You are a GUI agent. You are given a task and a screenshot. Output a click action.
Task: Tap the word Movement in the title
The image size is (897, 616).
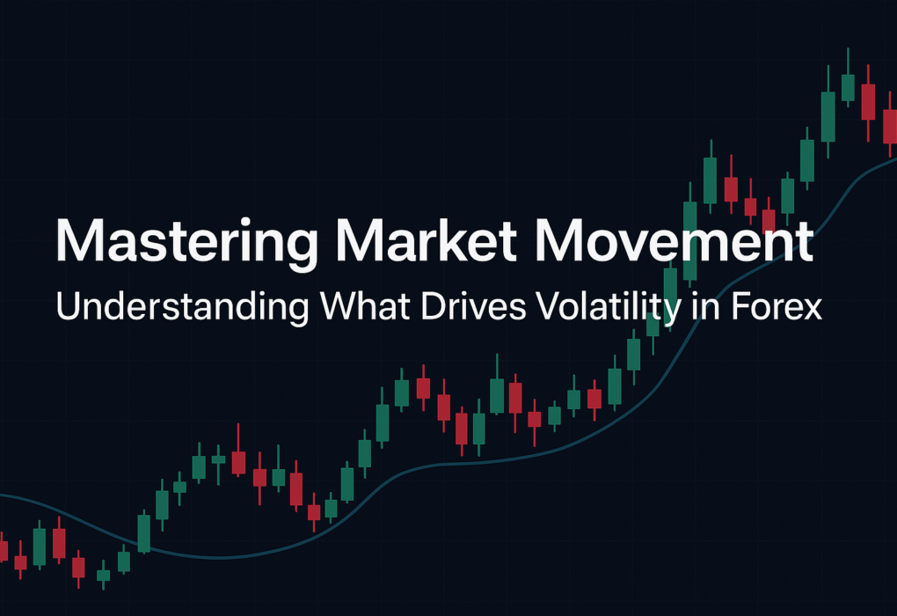point(674,240)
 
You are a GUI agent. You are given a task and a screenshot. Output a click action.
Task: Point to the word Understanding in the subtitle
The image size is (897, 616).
point(182,307)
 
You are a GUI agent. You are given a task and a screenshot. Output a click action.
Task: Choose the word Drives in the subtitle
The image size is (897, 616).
point(473,305)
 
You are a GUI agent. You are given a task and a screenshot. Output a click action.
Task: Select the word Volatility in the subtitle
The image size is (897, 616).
point(609,307)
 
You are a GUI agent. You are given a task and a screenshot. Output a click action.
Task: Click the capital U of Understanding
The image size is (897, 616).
point(68,306)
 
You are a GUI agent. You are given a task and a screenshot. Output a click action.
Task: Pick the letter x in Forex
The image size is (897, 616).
point(812,311)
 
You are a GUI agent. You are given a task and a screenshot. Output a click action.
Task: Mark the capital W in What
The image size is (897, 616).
point(338,306)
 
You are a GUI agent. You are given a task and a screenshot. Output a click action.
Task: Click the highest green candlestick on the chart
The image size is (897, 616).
point(848,77)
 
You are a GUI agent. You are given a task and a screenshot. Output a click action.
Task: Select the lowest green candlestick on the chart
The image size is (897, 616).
point(103,575)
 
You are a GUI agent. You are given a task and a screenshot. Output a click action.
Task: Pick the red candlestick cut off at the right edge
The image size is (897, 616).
point(890,124)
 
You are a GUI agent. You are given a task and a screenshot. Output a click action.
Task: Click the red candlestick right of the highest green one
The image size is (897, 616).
point(868,103)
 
